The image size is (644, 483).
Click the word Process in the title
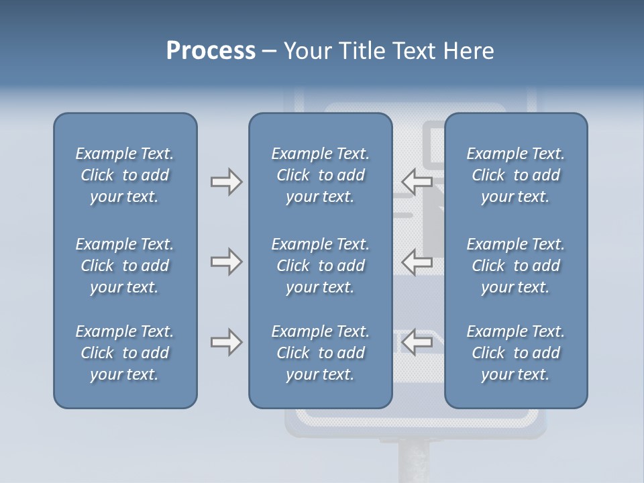pos(211,51)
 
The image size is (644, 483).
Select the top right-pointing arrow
pos(226,182)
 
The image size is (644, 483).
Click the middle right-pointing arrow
pos(226,262)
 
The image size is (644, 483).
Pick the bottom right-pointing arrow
pos(226,342)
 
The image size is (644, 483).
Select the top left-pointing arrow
pos(417,182)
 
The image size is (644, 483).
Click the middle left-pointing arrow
pos(417,262)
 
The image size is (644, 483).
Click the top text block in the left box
pos(125,175)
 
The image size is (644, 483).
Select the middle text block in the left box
pos(125,266)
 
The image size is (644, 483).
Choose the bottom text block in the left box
pos(125,353)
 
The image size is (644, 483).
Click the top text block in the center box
pos(320,175)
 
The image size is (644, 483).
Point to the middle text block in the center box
pos(320,266)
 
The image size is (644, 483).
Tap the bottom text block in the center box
pos(320,353)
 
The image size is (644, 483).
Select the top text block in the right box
pos(515,175)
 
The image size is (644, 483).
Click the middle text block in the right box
pos(515,266)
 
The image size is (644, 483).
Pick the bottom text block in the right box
pos(515,353)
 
